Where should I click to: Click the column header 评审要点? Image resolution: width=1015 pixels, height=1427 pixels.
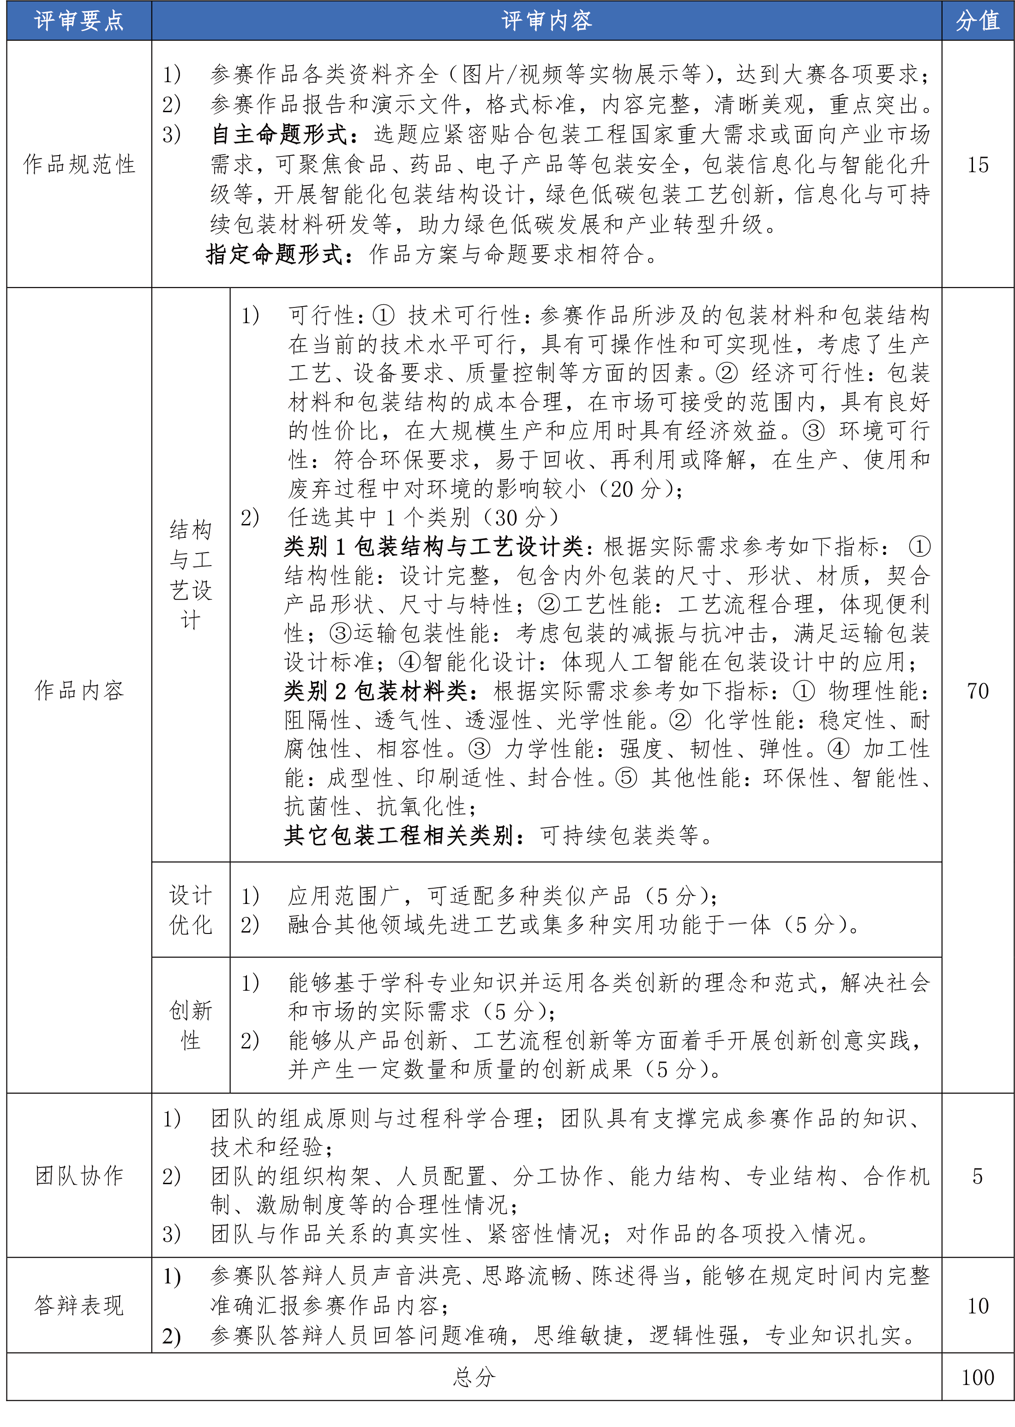tap(79, 21)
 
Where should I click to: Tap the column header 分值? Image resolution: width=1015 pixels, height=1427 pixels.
tap(978, 21)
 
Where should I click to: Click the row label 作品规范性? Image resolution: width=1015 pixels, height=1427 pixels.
tap(79, 164)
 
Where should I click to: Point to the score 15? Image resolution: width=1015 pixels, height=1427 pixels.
tap(978, 164)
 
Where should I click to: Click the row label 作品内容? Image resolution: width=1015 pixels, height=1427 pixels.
tap(79, 690)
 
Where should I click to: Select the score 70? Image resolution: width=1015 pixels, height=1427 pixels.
tap(978, 690)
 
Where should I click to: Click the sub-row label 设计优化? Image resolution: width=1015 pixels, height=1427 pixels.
tap(191, 909)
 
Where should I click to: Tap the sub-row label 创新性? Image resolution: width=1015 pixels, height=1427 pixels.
tap(191, 1025)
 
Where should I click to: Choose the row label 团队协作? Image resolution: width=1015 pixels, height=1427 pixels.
tap(79, 1175)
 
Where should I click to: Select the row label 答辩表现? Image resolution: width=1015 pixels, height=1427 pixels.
tap(79, 1305)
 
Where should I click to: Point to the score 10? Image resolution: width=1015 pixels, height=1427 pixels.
tap(978, 1305)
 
